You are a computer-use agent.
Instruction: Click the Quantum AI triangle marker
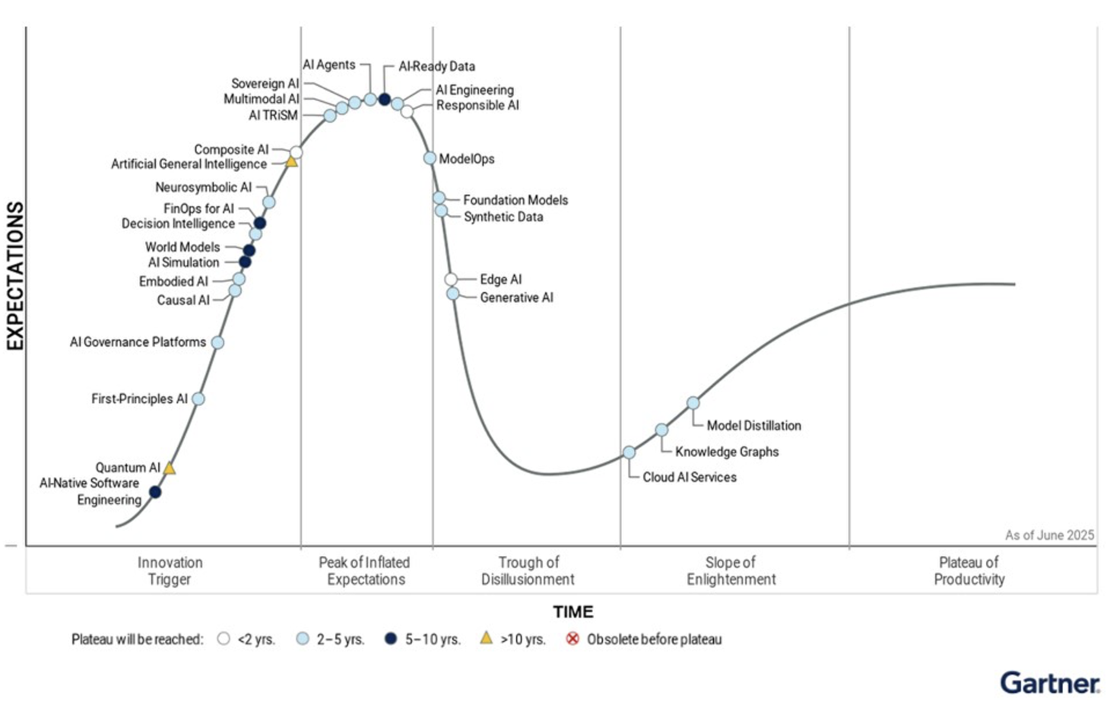170,469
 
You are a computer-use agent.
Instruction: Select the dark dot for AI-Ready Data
385,100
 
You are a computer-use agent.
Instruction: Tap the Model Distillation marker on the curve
693,403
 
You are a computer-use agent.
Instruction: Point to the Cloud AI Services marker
629,453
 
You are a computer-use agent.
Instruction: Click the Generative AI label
516,297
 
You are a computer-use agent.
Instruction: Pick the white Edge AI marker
451,279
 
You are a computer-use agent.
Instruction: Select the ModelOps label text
467,159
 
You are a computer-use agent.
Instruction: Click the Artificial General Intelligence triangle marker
291,162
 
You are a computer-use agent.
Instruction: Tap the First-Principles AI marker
198,399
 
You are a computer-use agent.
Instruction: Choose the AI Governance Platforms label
138,342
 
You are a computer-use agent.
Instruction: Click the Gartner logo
1049,682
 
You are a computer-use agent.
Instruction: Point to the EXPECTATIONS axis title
15,275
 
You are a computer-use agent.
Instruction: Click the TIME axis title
573,611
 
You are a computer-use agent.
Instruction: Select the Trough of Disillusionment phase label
528,570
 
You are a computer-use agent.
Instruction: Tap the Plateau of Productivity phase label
969,570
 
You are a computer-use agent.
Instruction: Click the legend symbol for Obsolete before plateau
572,639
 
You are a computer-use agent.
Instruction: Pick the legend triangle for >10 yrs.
486,638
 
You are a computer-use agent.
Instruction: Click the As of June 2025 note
1049,535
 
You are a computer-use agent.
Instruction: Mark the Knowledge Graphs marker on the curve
661,430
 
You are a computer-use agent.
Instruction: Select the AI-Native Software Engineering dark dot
155,492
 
